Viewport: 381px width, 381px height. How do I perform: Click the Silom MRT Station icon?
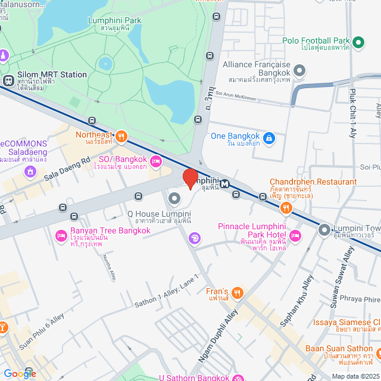[8, 80]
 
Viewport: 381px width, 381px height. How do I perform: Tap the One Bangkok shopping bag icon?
[269, 138]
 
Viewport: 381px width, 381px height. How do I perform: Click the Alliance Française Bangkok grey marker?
[299, 71]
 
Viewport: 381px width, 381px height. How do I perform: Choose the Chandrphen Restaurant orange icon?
[286, 207]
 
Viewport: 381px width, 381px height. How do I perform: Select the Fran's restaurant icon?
[238, 292]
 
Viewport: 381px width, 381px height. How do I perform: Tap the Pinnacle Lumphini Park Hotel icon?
[296, 237]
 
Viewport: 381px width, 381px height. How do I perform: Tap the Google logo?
[20, 373]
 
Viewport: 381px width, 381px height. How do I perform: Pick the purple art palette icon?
[194, 239]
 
